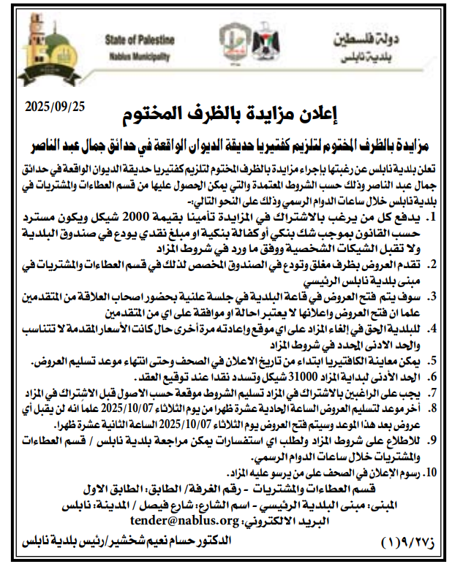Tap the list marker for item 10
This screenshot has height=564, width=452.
[432, 472]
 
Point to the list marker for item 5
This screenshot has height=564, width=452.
[433, 360]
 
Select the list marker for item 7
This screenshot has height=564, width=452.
[433, 392]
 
